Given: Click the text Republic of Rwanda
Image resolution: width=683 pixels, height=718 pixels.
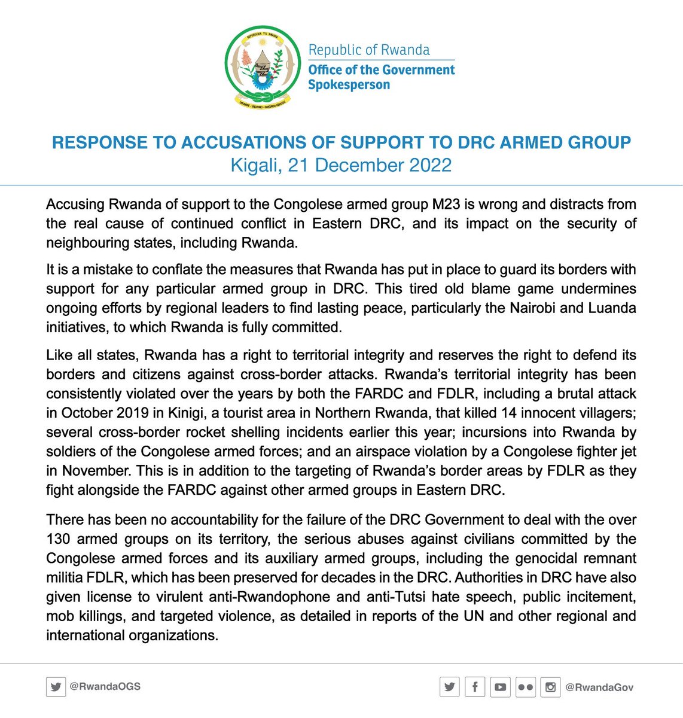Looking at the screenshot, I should point(369,50).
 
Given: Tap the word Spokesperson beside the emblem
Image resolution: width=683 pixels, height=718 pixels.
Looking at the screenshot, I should point(349,84).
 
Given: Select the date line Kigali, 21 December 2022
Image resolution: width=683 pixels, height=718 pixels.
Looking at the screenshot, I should point(341,165).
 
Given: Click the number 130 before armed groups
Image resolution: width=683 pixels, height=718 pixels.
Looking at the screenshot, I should point(59,539).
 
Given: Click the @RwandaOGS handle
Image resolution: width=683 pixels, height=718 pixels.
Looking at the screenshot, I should point(105,687).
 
